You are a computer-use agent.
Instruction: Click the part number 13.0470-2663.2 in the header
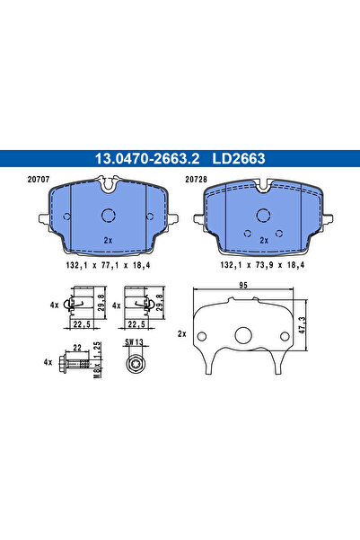pos(143,159)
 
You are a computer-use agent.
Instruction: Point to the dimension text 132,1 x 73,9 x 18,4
pos(262,267)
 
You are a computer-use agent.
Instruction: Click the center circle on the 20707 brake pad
pos(109,217)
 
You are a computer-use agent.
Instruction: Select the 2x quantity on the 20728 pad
pos(263,241)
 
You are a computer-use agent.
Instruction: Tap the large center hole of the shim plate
pos(242,335)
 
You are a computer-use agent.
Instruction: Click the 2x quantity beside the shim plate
pos(182,333)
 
